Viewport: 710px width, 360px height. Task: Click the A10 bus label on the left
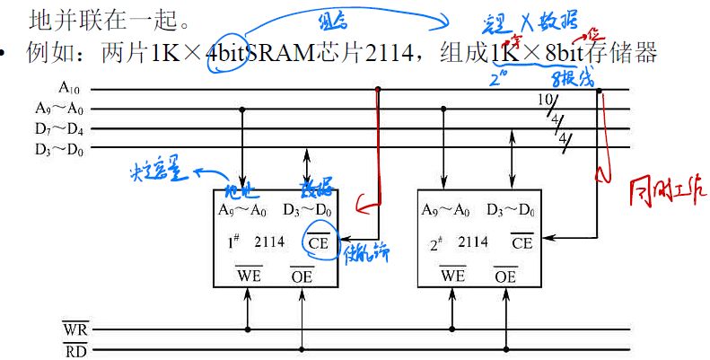70,88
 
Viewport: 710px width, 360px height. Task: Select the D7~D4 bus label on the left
58,127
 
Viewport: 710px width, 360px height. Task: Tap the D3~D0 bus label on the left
58,147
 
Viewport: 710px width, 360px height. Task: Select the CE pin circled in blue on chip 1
318,242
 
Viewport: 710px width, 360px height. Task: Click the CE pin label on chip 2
522,242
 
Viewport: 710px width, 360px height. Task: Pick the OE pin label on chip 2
505,275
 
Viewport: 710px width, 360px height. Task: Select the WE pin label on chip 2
452,275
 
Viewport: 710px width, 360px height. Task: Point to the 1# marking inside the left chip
231,242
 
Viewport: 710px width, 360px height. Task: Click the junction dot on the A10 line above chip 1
377,89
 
